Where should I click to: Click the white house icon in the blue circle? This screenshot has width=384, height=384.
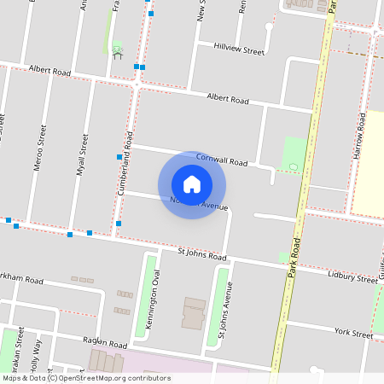(x=192, y=183)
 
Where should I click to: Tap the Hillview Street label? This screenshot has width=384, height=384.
(x=239, y=50)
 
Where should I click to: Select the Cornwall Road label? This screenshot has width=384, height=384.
(x=221, y=160)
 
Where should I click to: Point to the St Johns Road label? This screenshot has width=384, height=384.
(x=201, y=254)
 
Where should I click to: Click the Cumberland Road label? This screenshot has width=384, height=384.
(x=125, y=163)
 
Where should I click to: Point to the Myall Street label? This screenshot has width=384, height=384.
(x=83, y=154)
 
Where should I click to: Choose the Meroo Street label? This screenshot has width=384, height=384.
(x=38, y=148)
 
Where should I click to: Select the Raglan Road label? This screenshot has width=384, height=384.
(x=104, y=341)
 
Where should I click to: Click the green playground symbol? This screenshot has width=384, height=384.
(x=117, y=48)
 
